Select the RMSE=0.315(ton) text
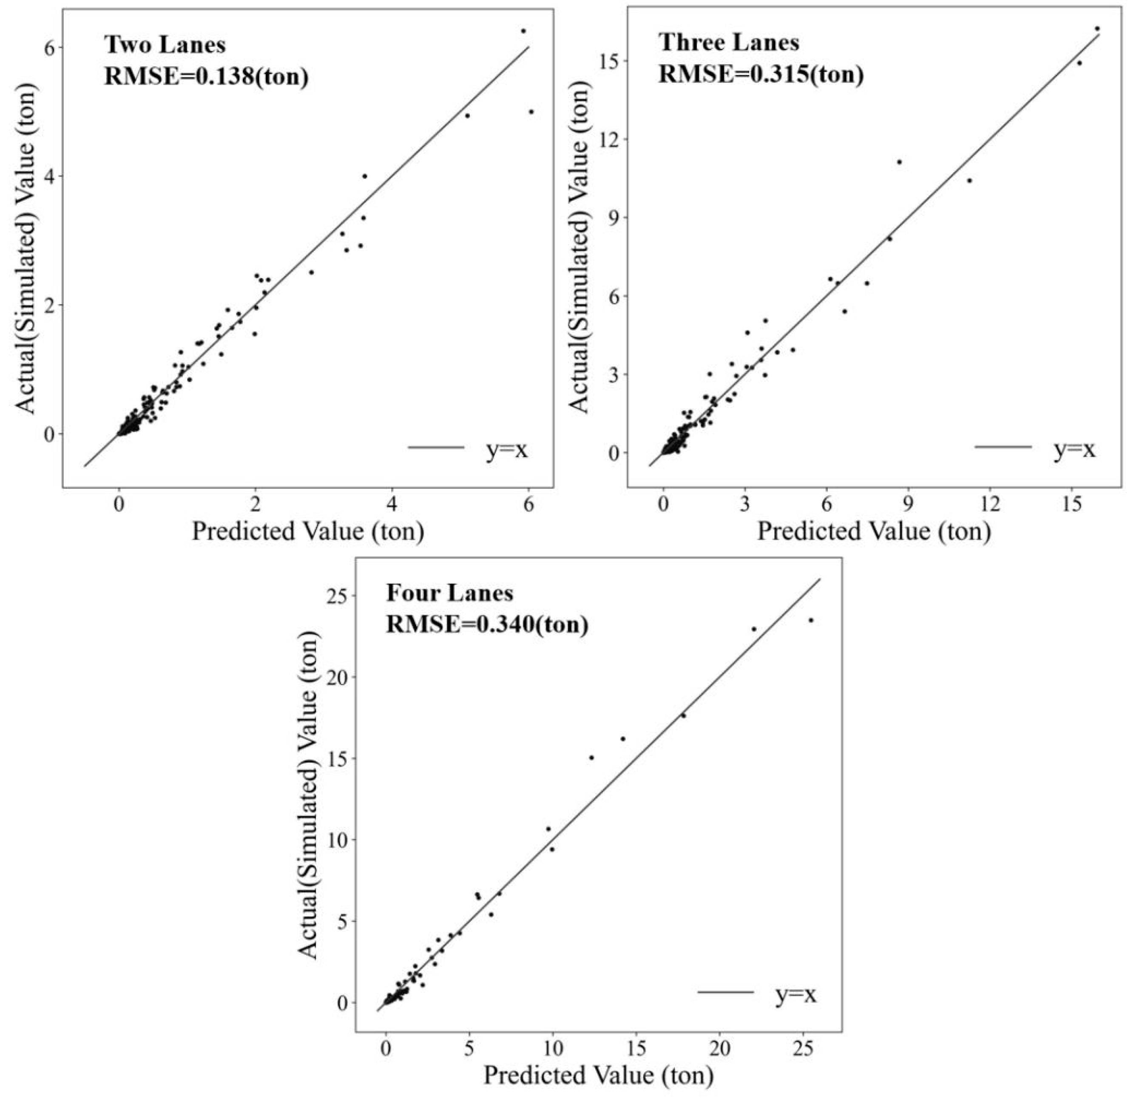761,74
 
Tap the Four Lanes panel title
449,593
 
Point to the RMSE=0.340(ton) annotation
487,624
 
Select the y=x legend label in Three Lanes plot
1074,448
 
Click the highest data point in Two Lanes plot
523,31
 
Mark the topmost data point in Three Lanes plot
1097,28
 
